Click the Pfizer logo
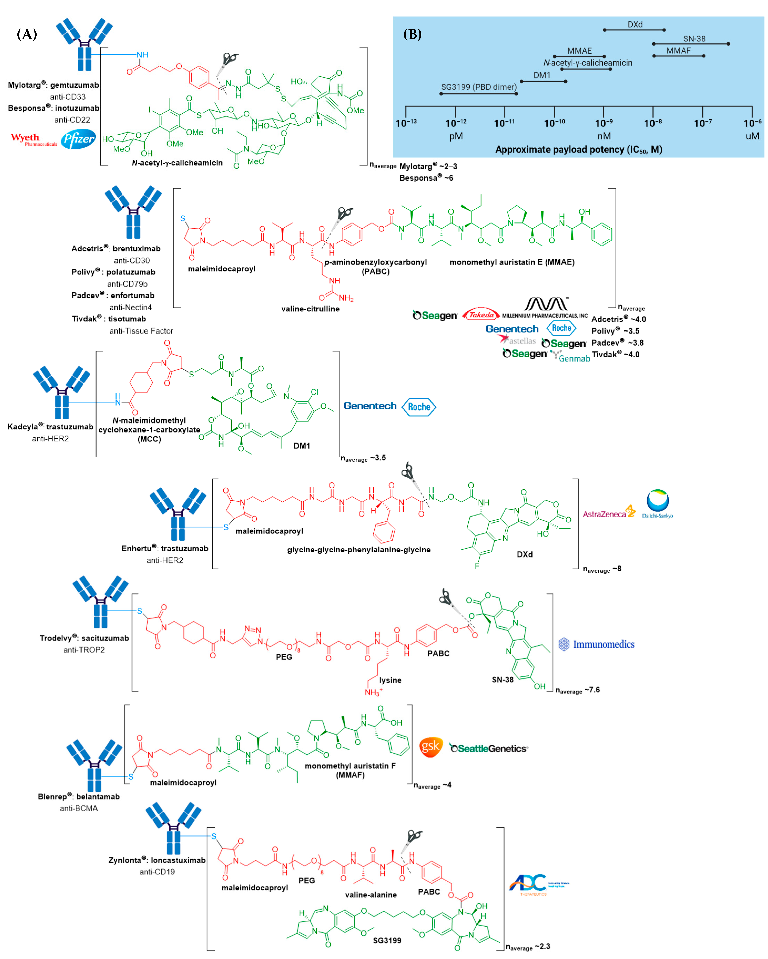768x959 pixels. click(78, 139)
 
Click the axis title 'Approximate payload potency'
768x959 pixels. click(578, 149)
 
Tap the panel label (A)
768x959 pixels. click(27, 34)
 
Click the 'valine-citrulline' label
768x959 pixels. click(310, 309)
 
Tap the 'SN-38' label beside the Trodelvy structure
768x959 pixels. click(502, 680)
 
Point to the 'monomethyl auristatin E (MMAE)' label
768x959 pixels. click(512, 262)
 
